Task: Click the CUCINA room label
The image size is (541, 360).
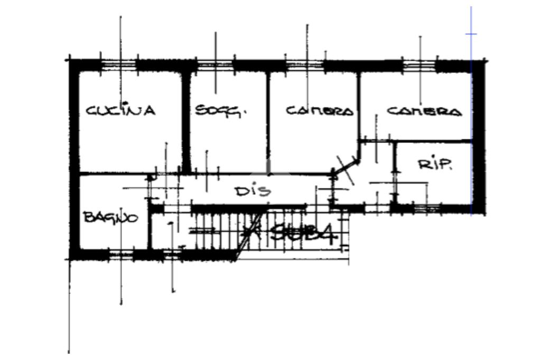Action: pyautogui.click(x=121, y=111)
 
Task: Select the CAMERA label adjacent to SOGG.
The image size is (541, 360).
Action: pyautogui.click(x=320, y=111)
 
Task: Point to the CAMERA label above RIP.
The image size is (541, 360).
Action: pyautogui.click(x=424, y=111)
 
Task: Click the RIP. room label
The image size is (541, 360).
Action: pyautogui.click(x=435, y=165)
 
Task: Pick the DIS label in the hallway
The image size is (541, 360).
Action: pyautogui.click(x=253, y=191)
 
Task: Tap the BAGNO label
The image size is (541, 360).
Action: pyautogui.click(x=111, y=217)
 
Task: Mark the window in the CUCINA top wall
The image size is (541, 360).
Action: pyautogui.click(x=118, y=65)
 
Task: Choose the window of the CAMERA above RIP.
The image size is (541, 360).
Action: pyautogui.click(x=419, y=65)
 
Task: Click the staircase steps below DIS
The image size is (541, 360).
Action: pyautogui.click(x=222, y=232)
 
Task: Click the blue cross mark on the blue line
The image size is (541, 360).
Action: pyautogui.click(x=471, y=34)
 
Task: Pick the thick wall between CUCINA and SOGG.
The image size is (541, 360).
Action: pyautogui.click(x=186, y=121)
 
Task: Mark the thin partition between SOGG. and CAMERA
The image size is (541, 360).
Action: pyautogui.click(x=267, y=121)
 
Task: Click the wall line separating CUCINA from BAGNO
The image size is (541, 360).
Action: pyautogui.click(x=114, y=174)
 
